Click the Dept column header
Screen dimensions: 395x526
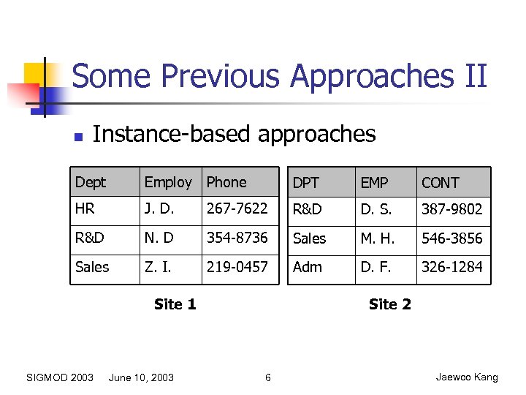click(91, 182)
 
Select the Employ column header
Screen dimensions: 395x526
click(168, 182)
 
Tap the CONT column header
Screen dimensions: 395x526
click(440, 183)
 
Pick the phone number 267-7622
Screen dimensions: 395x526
click(237, 209)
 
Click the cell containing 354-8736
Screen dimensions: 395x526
click(237, 238)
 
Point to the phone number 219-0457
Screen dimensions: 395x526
click(237, 267)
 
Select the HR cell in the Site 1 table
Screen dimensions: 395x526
click(85, 209)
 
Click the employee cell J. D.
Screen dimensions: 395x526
click(160, 209)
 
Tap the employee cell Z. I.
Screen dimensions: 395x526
click(158, 267)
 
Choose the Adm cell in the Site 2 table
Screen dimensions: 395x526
click(308, 267)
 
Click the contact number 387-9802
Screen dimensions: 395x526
click(451, 209)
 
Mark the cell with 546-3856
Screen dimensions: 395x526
click(451, 238)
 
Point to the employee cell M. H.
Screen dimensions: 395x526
click(377, 238)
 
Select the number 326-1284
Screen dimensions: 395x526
click(451, 267)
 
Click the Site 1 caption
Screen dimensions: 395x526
click(175, 304)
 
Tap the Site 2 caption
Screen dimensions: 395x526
click(390, 304)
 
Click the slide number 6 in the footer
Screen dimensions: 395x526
click(268, 377)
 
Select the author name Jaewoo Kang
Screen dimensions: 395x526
click(467, 377)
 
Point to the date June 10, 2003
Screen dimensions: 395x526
click(141, 377)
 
